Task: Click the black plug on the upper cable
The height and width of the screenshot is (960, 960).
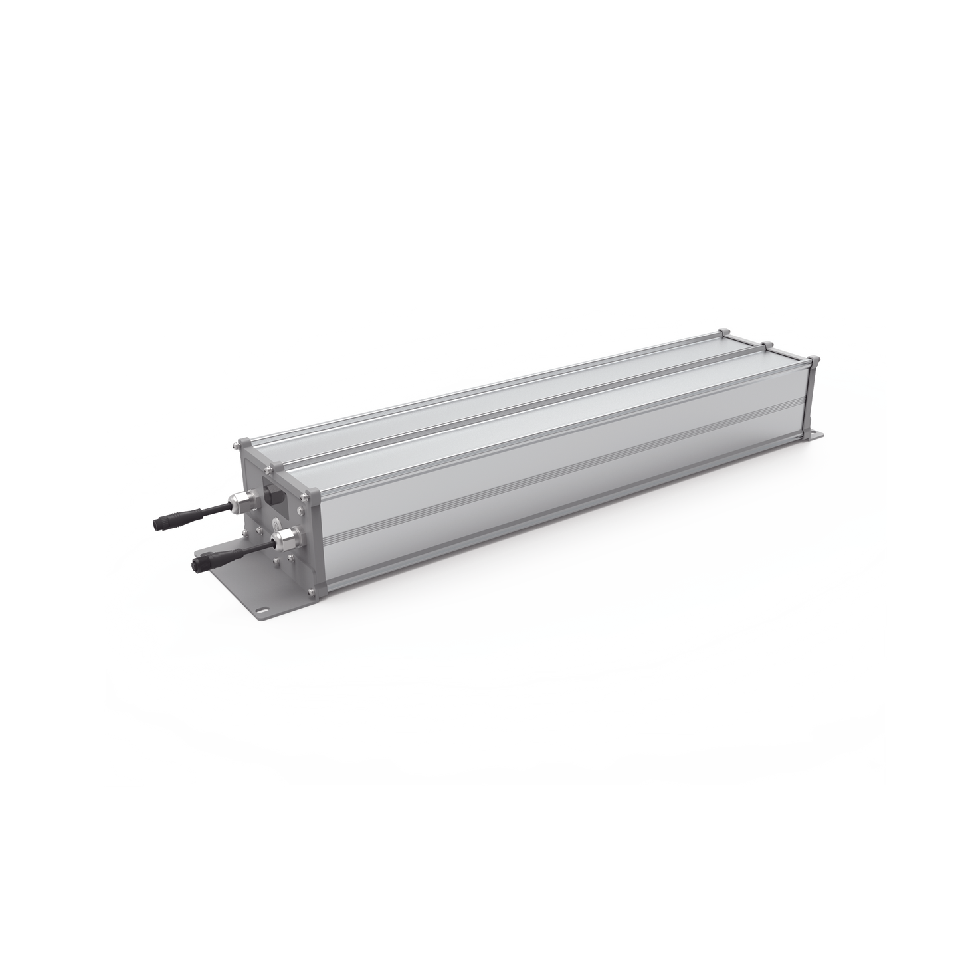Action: point(167,519)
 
